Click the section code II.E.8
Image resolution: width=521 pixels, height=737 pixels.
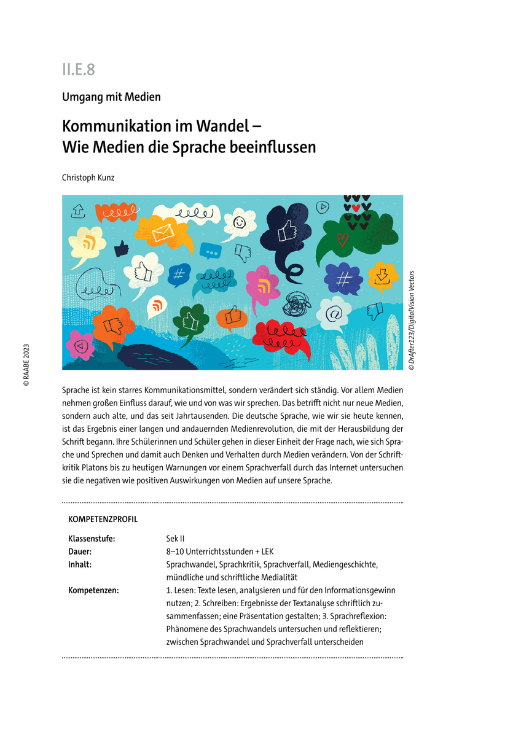tap(78, 69)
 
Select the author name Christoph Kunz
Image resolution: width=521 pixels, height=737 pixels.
tap(88, 177)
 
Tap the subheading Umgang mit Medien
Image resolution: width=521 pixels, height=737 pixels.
tap(111, 96)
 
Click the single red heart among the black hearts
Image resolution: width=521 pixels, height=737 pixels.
tap(356, 208)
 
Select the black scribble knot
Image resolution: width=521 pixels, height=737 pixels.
tap(297, 303)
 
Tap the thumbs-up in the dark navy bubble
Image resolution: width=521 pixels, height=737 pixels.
tap(286, 232)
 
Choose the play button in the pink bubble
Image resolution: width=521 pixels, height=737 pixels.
tap(79, 345)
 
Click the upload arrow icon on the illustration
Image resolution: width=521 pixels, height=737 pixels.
tap(79, 211)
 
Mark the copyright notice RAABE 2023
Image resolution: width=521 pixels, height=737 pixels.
tap(26, 364)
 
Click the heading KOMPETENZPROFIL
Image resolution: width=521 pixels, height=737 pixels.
tap(103, 520)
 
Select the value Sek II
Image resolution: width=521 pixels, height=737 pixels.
tap(176, 539)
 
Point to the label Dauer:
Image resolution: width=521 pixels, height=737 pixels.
tap(80, 552)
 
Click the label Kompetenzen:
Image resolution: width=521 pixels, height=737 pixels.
tap(93, 590)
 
